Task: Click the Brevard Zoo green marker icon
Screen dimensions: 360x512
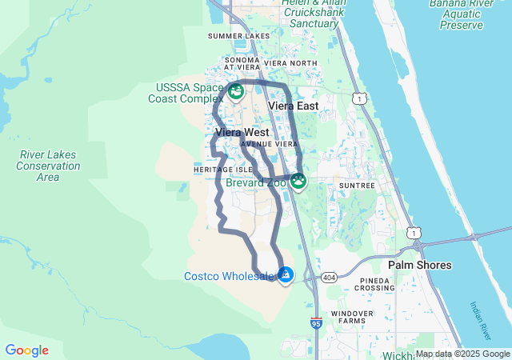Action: click(x=298, y=182)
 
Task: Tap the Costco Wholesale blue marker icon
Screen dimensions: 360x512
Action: click(x=286, y=275)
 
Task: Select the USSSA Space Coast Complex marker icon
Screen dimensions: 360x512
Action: click(x=236, y=92)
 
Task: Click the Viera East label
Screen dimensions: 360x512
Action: click(x=293, y=106)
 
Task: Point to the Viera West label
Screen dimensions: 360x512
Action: click(x=242, y=131)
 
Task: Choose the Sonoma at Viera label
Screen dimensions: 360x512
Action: click(x=243, y=64)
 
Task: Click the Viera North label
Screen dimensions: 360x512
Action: click(x=291, y=63)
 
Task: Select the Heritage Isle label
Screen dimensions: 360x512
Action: click(x=222, y=170)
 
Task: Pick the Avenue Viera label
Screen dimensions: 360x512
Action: click(x=263, y=145)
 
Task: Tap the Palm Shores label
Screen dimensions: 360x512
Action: click(x=419, y=265)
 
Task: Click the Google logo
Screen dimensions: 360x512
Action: click(x=26, y=350)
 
